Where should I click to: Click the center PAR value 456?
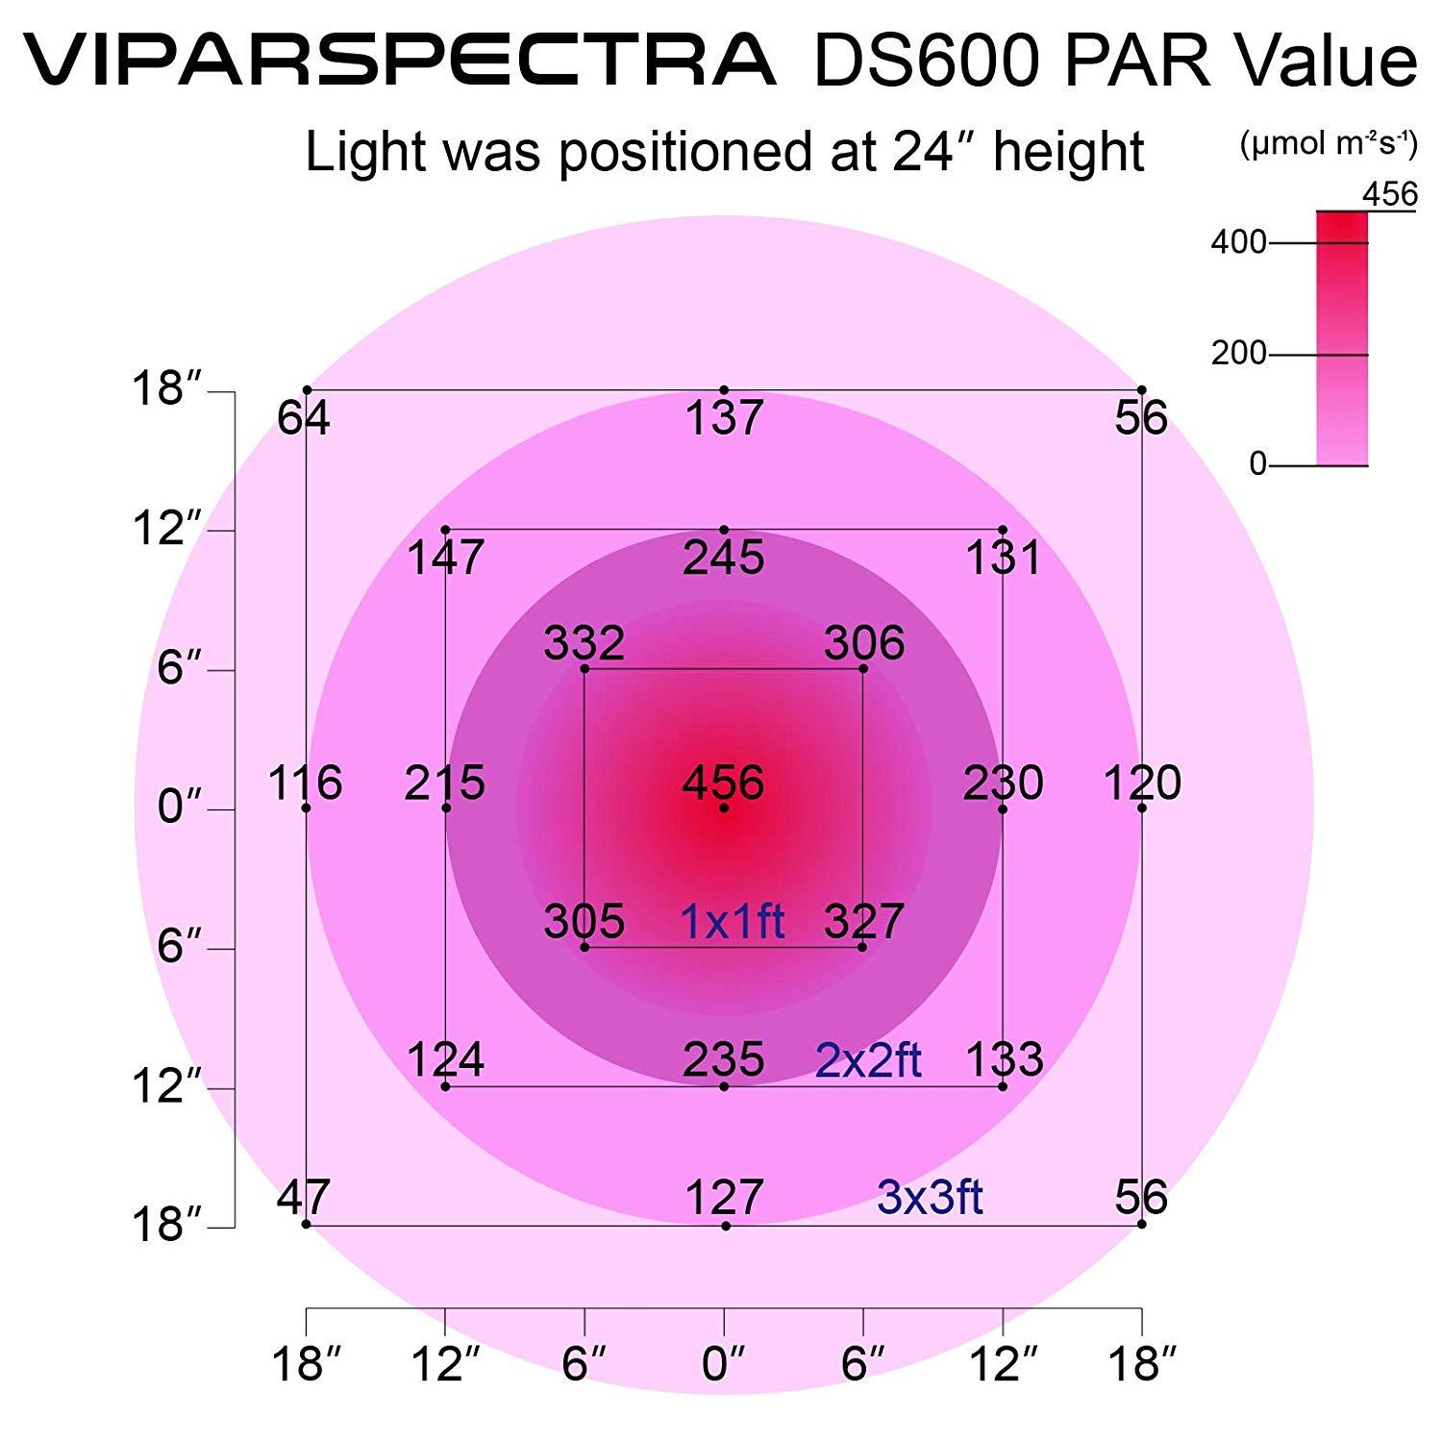723,783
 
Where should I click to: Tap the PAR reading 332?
584,643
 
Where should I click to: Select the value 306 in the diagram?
863,643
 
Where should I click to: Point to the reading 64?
303,418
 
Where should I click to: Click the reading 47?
303,1197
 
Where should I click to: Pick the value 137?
724,418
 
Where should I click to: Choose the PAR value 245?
723,558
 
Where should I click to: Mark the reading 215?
444,783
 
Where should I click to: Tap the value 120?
1142,783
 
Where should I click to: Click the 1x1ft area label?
732,921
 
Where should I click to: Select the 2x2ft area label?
867,1060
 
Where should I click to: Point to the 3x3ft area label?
930,1197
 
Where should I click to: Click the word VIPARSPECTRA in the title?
399,60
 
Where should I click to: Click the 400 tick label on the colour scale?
1238,242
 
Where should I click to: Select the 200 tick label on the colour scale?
1238,354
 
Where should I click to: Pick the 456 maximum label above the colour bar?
1389,195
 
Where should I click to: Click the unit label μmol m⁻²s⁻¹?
1328,144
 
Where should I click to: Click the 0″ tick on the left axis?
183,808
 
